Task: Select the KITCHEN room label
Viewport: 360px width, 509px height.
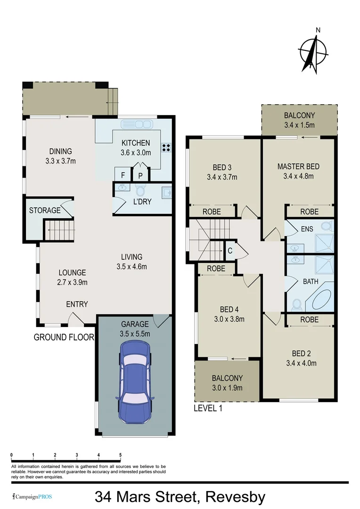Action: [136, 143]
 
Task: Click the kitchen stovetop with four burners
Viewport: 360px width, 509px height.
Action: [166, 147]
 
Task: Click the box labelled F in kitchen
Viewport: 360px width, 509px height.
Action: [123, 175]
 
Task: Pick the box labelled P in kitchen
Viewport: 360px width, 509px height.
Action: [140, 175]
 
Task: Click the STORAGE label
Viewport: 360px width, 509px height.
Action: [45, 210]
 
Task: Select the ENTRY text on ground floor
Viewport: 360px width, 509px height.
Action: [77, 304]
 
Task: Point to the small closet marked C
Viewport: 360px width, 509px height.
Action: [230, 251]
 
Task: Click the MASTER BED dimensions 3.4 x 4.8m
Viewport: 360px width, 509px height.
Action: [298, 176]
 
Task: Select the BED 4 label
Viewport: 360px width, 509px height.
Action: [229, 309]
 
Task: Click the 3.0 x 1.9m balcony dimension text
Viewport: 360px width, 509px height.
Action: [227, 388]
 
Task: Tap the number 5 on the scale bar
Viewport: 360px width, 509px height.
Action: [121, 455]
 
